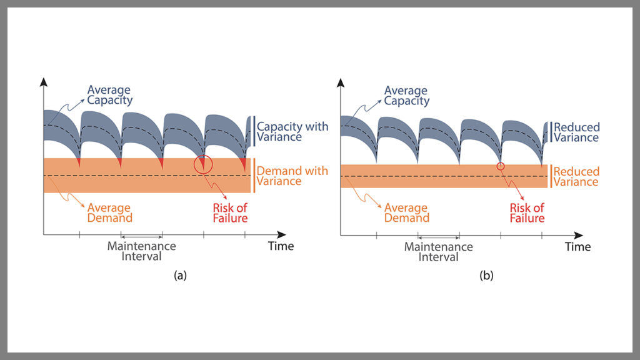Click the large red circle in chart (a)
[x=204, y=164]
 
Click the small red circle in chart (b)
[x=500, y=166]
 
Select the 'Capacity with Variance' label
[x=292, y=132]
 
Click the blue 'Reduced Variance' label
[x=576, y=132]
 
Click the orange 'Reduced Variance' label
[x=576, y=176]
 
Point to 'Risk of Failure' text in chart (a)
[x=230, y=212]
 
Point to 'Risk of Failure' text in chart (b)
[x=527, y=212]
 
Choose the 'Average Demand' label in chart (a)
[x=110, y=212]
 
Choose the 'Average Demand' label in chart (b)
[x=407, y=212]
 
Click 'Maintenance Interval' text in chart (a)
[x=142, y=251]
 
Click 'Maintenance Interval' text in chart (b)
[x=439, y=251]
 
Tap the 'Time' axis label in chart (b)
[x=577, y=247]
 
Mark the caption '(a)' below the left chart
[x=181, y=275]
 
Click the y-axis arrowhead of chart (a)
[x=43, y=82]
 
